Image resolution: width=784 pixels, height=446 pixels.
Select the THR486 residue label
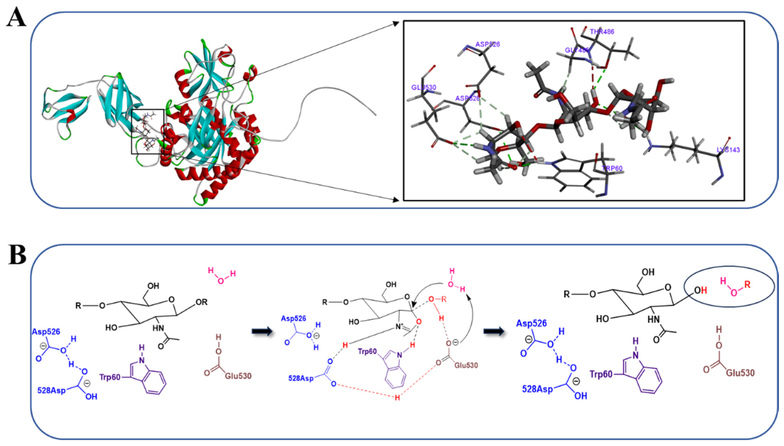click(x=602, y=32)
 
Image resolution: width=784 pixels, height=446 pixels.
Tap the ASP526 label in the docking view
click(x=487, y=44)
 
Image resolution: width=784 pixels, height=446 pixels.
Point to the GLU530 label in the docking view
click(x=423, y=88)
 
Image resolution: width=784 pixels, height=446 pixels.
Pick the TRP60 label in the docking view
click(x=612, y=168)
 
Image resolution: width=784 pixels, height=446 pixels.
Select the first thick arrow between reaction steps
click(x=262, y=331)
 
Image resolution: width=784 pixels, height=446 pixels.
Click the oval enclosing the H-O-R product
click(x=729, y=286)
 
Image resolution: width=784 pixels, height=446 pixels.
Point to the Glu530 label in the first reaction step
click(x=238, y=376)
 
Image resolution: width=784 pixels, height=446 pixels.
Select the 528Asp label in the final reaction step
click(x=537, y=389)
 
